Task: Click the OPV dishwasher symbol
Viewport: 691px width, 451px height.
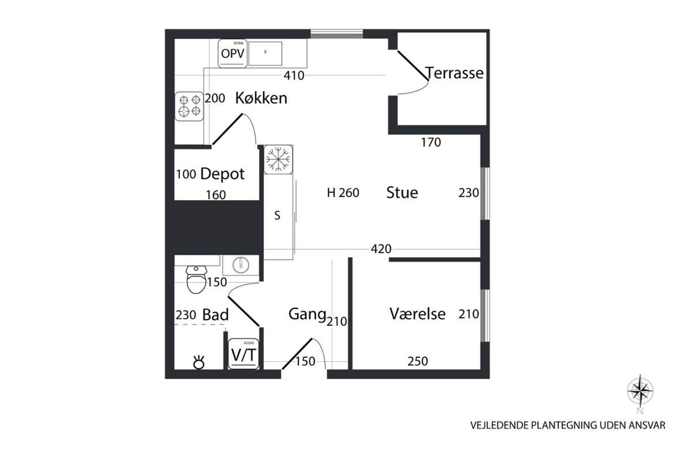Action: coord(233,53)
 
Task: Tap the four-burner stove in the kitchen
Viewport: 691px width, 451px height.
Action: coord(189,106)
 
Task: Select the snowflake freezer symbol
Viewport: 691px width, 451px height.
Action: coord(278,159)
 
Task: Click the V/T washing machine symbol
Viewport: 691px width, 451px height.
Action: coord(244,354)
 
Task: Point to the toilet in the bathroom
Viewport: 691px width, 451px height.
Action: coord(196,280)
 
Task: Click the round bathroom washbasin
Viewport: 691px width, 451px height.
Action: coord(241,265)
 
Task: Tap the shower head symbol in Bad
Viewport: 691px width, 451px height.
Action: coord(199,362)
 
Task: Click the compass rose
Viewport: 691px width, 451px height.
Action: coord(640,391)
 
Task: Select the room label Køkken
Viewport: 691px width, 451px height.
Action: coord(261,98)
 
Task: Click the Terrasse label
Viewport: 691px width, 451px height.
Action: coord(454,73)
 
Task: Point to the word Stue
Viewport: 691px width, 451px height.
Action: coord(403,192)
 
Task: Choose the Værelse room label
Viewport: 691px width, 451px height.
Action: coord(417,314)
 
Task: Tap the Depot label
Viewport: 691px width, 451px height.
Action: coord(222,174)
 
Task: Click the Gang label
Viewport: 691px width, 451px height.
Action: coord(307,315)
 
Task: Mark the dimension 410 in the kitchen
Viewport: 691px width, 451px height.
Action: coord(294,75)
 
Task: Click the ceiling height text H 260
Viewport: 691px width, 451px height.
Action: coord(343,193)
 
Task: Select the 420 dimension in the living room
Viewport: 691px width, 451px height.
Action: coord(381,249)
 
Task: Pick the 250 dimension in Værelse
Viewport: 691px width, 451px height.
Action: coord(417,361)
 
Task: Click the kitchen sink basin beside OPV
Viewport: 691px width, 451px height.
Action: coord(265,53)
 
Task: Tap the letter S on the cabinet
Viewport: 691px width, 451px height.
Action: coord(278,216)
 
